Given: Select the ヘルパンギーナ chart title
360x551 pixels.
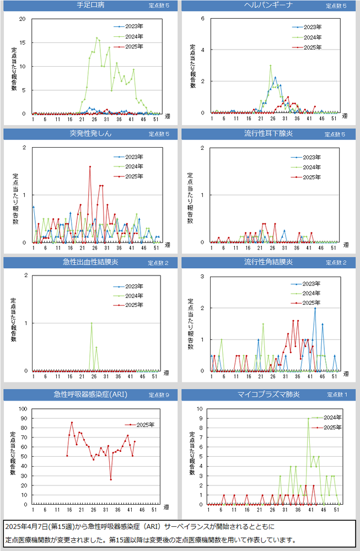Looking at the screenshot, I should pyautogui.click(x=268, y=6).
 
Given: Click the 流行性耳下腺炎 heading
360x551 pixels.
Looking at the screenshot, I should pyautogui.click(x=268, y=133).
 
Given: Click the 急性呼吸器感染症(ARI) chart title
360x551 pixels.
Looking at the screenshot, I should pyautogui.click(x=90, y=394).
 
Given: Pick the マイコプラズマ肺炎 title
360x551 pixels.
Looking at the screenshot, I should pyautogui.click(x=268, y=394).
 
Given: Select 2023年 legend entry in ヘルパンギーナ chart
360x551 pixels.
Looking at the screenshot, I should pyautogui.click(x=313, y=26).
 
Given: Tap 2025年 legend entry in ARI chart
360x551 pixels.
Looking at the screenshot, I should pyautogui.click(x=144, y=425).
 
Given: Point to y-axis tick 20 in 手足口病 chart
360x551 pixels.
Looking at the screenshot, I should pyautogui.click(x=23, y=19).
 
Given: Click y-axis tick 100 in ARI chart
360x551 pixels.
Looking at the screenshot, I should pyautogui.click(x=23, y=409).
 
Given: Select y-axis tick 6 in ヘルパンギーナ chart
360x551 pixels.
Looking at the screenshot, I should pyautogui.click(x=203, y=18).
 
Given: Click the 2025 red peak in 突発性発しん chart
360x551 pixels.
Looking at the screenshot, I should pyautogui.click(x=90, y=166).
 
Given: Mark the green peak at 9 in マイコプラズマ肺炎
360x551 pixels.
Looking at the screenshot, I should pyautogui.click(x=308, y=419).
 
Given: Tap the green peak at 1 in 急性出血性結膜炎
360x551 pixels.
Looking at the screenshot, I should pyautogui.click(x=92, y=323).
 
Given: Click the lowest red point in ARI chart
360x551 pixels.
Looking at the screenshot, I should pyautogui.click(x=111, y=479).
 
